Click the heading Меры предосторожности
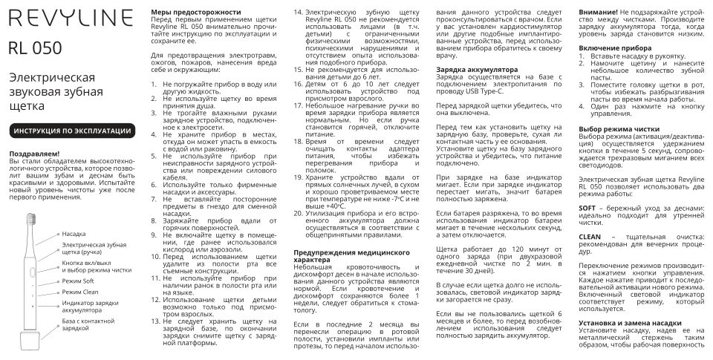(195, 13)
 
